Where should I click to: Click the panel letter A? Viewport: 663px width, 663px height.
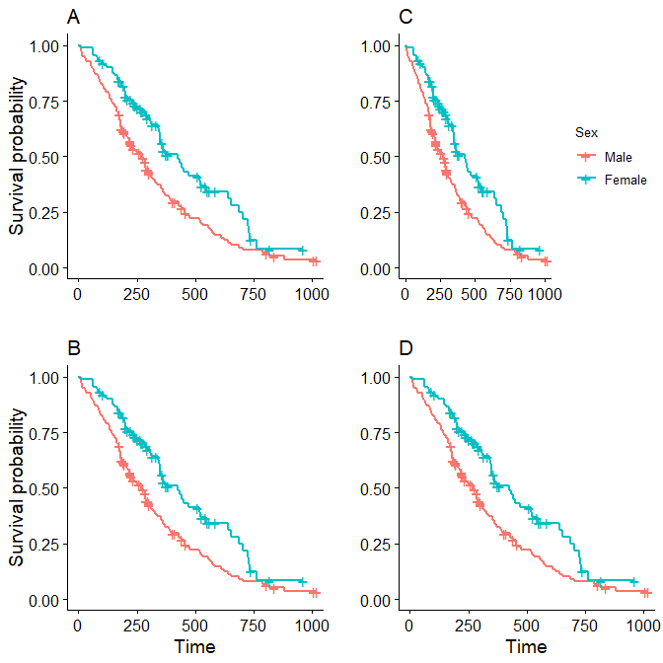click(x=73, y=17)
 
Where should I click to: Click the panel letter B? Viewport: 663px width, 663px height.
click(x=73, y=348)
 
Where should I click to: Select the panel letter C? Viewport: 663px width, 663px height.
click(x=405, y=17)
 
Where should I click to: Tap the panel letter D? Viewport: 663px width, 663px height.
click(x=405, y=348)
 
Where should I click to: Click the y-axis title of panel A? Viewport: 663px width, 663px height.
click(x=17, y=157)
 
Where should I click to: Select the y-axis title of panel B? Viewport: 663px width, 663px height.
click(x=17, y=488)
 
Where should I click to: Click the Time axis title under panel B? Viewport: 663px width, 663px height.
click(x=194, y=647)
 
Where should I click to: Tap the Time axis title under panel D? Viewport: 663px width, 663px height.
click(x=526, y=647)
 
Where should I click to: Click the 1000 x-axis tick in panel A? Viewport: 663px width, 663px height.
click(x=312, y=293)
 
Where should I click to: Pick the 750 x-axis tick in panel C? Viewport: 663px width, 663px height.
click(x=509, y=293)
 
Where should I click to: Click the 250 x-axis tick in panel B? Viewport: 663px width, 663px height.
click(x=137, y=625)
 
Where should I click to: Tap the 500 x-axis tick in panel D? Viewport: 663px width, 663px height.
click(x=527, y=625)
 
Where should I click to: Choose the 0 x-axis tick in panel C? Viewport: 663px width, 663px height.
click(x=405, y=293)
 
